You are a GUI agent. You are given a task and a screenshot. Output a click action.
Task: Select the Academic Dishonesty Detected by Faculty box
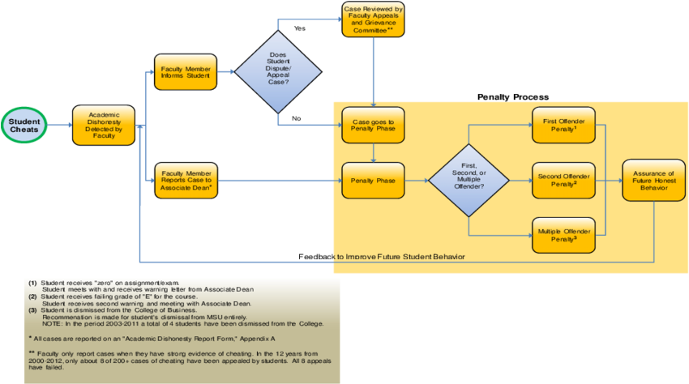tap(104, 126)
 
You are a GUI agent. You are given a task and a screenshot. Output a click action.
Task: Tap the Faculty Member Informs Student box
tap(186, 71)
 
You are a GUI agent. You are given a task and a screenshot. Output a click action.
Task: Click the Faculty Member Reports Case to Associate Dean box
tap(186, 180)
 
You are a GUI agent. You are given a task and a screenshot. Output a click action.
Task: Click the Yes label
tap(298, 28)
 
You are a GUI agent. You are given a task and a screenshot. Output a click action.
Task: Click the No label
tap(297, 118)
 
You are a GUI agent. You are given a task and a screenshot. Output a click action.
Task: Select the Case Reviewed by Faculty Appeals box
tap(373, 19)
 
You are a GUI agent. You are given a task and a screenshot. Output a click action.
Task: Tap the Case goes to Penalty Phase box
tap(373, 125)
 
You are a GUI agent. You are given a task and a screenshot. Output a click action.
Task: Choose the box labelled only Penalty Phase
tap(373, 180)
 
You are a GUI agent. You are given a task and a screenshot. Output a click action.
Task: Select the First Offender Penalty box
tap(563, 125)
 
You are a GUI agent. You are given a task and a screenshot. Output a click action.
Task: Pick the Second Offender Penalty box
tap(563, 180)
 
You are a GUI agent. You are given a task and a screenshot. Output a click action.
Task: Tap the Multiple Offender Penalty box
tap(563, 235)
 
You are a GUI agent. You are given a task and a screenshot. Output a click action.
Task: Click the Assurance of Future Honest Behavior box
tap(653, 180)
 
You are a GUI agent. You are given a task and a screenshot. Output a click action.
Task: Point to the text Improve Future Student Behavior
tap(405, 257)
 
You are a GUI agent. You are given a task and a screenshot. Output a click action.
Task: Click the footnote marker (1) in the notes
tap(32, 283)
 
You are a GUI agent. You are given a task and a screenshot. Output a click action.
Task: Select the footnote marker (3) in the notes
tap(32, 310)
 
